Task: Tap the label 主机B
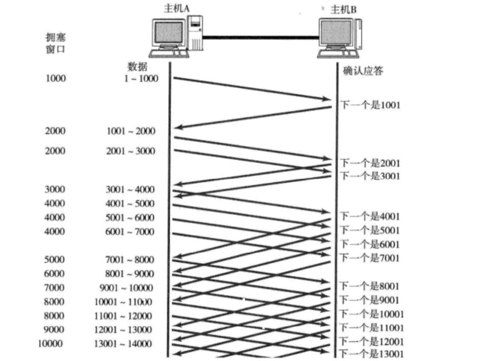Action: point(343,9)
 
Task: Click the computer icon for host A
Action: point(176,36)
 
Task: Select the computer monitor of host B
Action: point(337,34)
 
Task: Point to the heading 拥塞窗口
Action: point(55,43)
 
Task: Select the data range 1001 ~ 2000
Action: point(131,131)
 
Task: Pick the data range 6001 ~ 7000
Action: point(130,232)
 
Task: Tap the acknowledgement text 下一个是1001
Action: point(370,104)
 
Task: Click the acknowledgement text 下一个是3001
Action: point(370,175)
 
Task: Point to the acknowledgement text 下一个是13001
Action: point(371,354)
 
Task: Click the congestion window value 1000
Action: point(56,79)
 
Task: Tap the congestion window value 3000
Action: point(55,189)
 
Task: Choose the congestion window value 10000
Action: point(50,344)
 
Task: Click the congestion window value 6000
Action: point(55,274)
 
